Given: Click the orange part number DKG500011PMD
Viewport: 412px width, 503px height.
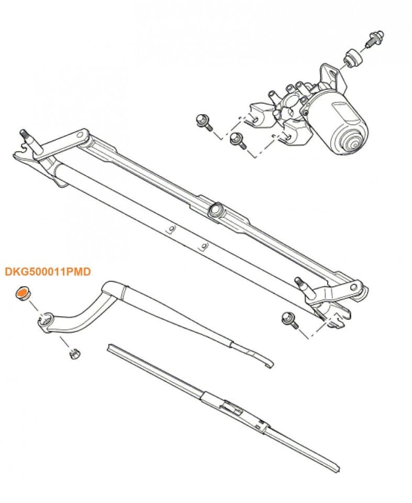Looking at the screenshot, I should tap(48, 272).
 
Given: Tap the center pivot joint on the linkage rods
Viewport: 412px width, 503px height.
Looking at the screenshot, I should tap(215, 211).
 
